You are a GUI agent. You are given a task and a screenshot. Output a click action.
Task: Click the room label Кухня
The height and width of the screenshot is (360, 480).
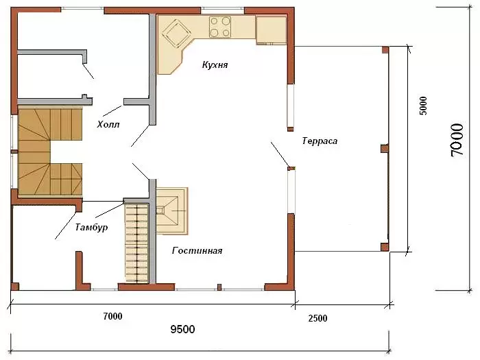pos(215,65)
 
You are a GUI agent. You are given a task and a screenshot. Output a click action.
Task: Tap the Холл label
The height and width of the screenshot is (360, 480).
pos(108,125)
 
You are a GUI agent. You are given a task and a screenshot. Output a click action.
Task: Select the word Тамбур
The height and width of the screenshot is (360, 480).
pos(91,227)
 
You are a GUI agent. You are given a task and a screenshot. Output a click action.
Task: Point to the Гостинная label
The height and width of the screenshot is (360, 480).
pos(197,251)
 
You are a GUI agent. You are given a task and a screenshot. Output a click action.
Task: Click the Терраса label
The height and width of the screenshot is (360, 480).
pos(320,141)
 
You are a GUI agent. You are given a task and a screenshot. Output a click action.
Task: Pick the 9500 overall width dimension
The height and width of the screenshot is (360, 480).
pos(182,329)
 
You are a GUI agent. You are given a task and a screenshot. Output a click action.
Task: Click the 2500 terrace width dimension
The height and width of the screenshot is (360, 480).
pos(317,318)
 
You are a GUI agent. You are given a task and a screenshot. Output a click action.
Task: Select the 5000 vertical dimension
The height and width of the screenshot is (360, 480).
pos(422,106)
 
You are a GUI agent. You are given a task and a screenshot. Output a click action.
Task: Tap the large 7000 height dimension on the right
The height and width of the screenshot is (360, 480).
pos(457,140)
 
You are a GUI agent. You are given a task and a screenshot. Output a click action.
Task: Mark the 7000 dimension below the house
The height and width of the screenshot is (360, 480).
pos(112,316)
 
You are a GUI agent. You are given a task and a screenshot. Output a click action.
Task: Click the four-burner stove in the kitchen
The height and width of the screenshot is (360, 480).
pos(220,27)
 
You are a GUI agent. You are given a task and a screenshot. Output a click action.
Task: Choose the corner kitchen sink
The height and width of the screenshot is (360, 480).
pos(176,34)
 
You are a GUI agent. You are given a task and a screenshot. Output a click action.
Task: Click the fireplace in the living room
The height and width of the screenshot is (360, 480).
pos(171,211)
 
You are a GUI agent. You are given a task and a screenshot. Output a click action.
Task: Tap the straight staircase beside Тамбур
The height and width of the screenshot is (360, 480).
pos(136,243)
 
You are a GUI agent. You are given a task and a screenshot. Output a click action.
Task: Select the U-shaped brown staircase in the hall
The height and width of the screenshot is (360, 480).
pos(50,152)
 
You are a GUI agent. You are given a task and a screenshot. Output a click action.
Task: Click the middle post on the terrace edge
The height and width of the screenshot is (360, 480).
pos(385,149)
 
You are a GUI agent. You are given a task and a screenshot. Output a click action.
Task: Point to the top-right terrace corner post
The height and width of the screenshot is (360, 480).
pos(385,50)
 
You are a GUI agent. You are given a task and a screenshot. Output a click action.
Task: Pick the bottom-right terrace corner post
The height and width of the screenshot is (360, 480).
pos(385,247)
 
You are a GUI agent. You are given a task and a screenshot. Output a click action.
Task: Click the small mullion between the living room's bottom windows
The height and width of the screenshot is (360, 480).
pos(219,287)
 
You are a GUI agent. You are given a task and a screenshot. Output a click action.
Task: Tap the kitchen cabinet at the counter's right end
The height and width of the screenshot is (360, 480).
pos(272,30)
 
